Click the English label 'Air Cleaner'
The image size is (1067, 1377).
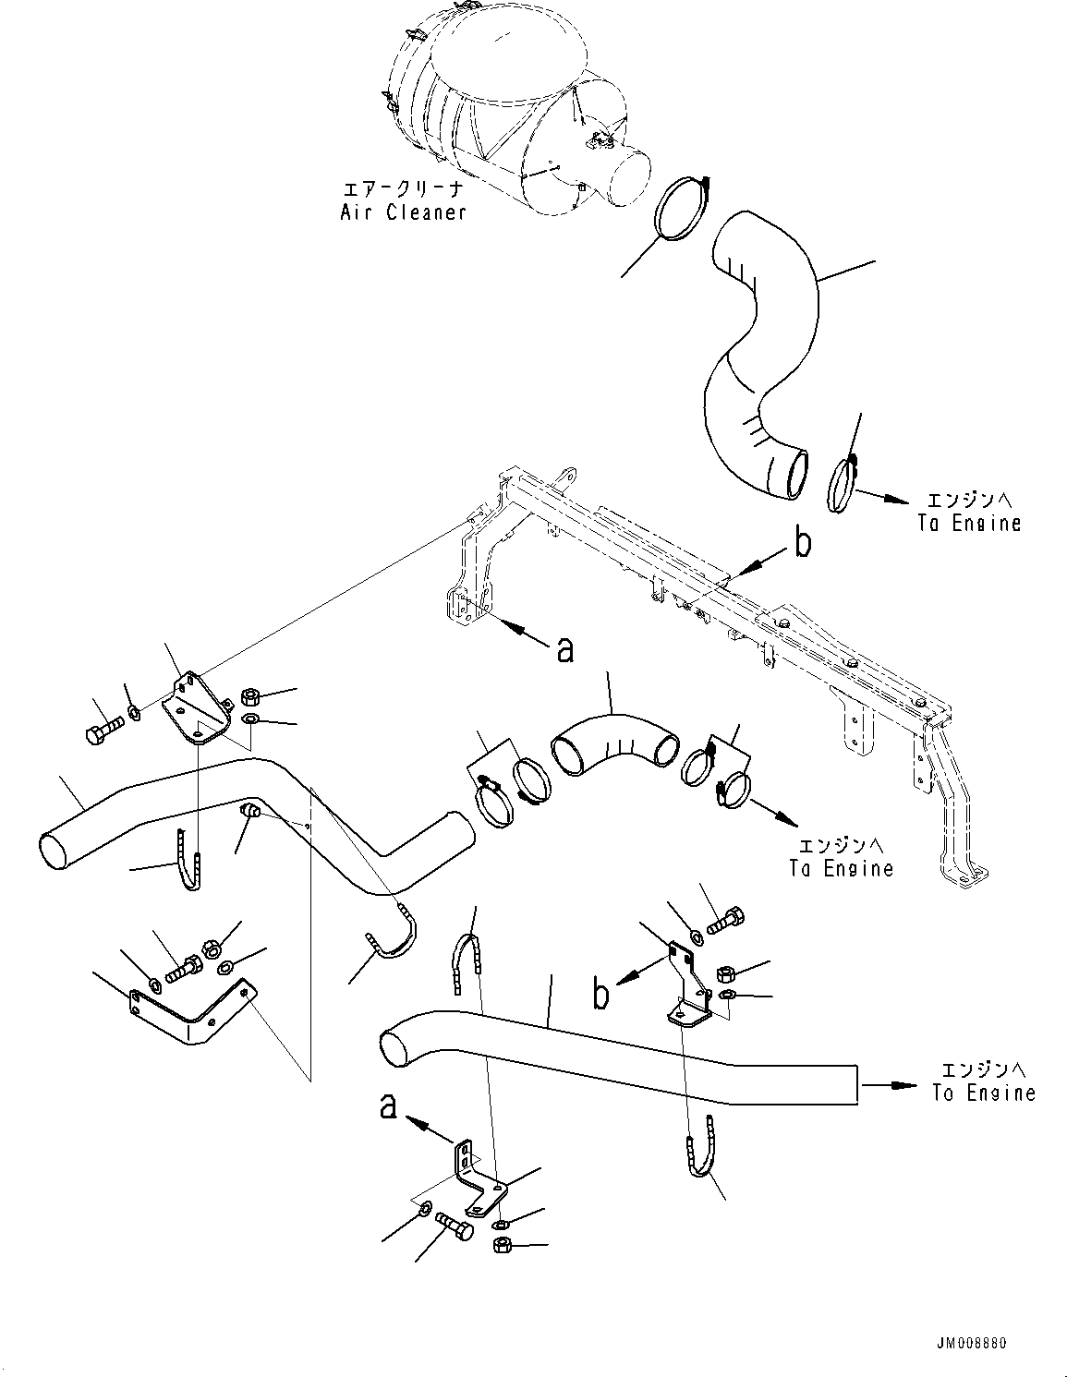403,212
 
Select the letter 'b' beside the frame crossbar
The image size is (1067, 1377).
803,544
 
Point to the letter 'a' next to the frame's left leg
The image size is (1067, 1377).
564,650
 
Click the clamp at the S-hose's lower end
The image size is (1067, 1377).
843,488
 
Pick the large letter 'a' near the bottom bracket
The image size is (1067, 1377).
390,1105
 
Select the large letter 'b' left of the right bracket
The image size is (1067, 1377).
600,995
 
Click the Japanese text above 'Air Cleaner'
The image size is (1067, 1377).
403,188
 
